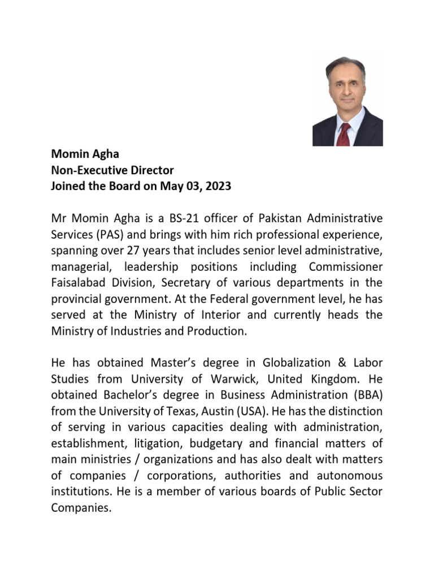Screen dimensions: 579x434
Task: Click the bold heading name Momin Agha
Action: coord(85,154)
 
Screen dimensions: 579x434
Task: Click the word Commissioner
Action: coord(345,266)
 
